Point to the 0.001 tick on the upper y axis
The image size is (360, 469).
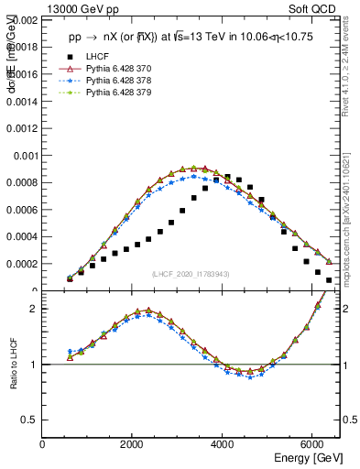tap(23, 156)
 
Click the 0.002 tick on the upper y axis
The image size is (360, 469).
tap(23, 19)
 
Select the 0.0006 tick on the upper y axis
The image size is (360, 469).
tap(23, 210)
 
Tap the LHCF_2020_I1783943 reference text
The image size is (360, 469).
tap(191, 275)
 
